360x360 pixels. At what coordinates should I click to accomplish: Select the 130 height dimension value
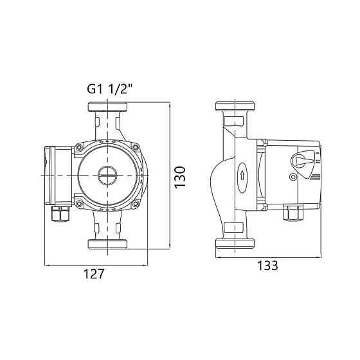click(180, 177)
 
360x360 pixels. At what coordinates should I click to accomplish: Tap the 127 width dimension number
click(94, 274)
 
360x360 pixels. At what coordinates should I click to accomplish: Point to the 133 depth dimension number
click(267, 265)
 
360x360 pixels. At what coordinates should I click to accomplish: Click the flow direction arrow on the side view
click(242, 176)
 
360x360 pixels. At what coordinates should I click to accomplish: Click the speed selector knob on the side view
click(301, 161)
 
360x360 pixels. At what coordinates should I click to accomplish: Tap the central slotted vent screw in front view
click(107, 175)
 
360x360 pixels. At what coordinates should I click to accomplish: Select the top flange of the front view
click(107, 107)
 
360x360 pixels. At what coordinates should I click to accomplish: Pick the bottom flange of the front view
click(107, 244)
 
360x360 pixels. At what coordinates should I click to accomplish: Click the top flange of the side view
click(235, 106)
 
